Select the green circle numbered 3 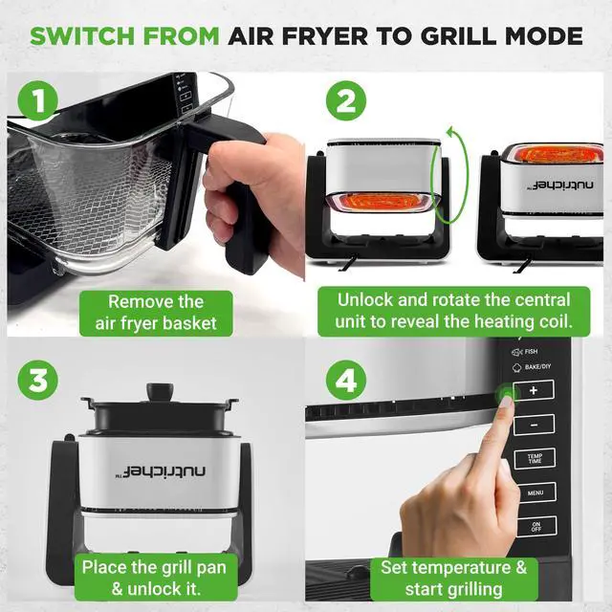[x=36, y=380]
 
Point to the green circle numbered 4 [x=347, y=380]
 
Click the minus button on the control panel [x=535, y=424]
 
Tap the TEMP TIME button [x=535, y=459]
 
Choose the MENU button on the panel [x=535, y=493]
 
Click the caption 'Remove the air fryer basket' [x=155, y=313]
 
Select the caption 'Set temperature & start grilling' [x=453, y=579]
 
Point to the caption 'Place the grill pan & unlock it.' [x=156, y=579]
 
